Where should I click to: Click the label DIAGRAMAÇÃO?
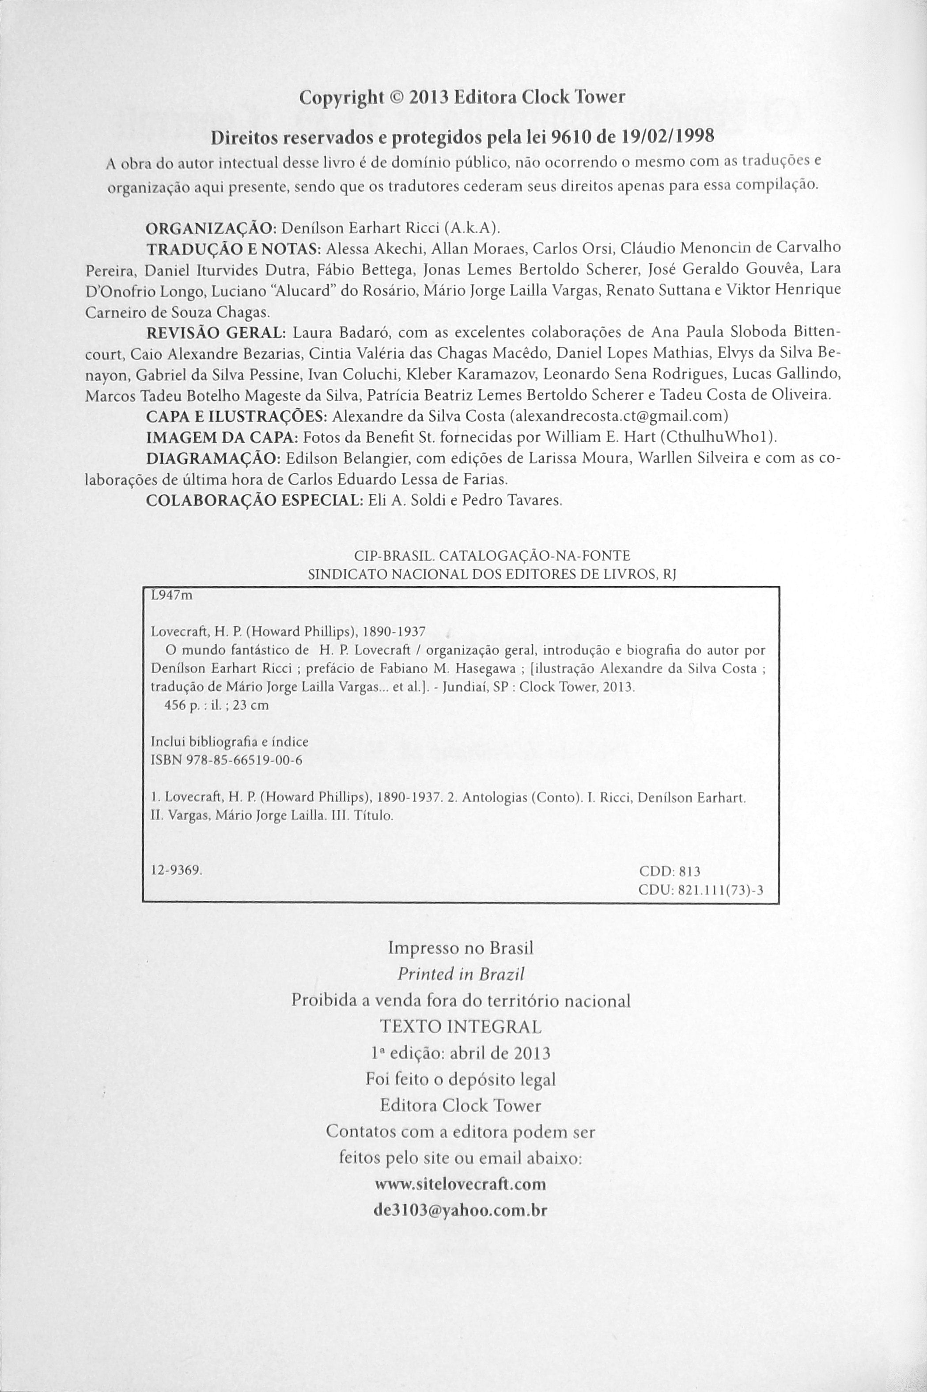[213, 459]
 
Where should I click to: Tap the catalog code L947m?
[172, 596]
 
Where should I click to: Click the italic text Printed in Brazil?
[461, 975]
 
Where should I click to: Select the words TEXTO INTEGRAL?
[461, 1027]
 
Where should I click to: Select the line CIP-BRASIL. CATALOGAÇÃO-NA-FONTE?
[492, 556]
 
